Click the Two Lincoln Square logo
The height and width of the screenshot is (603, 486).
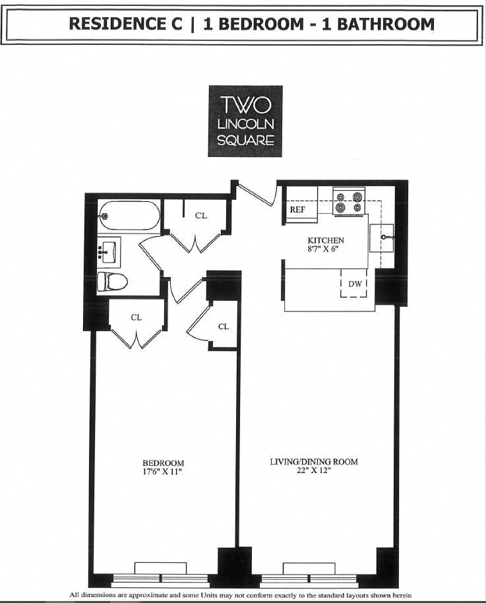(245, 121)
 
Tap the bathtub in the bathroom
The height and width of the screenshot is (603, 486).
(129, 215)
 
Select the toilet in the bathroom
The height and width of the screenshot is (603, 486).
(111, 282)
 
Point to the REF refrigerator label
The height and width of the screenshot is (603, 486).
(298, 209)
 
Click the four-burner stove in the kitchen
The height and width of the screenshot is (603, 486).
(349, 202)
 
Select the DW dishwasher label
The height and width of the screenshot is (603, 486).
(353, 284)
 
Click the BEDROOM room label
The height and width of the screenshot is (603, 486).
(163, 463)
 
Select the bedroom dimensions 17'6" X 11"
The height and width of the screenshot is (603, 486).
(163, 472)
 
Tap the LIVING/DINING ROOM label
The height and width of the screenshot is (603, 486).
(314, 461)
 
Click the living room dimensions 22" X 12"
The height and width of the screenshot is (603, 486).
(314, 471)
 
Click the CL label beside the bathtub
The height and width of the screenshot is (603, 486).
(200, 215)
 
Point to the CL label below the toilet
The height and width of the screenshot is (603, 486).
(136, 317)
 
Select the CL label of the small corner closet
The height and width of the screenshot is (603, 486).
(224, 327)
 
